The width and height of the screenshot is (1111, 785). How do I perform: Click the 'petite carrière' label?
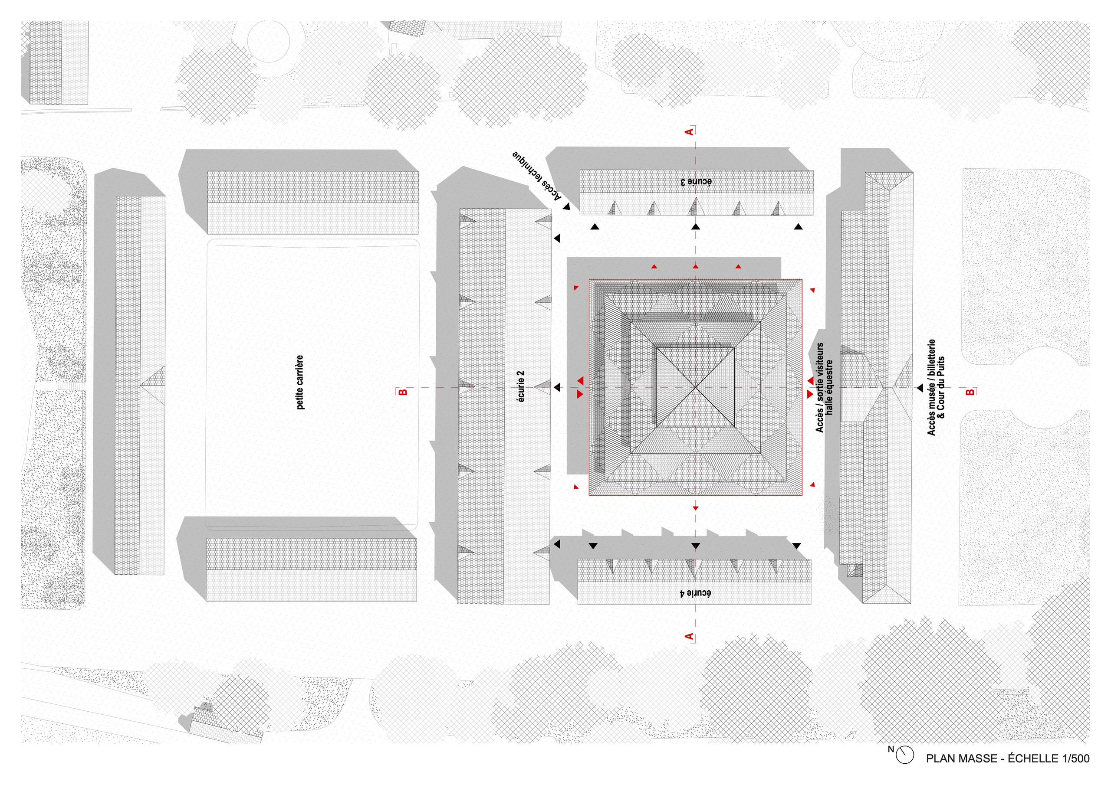click(300, 383)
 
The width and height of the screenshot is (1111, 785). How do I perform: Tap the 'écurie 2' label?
click(521, 387)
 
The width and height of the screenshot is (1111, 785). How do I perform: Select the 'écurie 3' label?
click(696, 182)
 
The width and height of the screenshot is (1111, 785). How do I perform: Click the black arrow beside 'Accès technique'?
click(566, 206)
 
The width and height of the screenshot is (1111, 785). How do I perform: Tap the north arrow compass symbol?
click(904, 755)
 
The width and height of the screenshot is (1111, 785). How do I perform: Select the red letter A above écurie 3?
click(690, 131)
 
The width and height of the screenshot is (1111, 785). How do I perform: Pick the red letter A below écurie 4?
click(690, 637)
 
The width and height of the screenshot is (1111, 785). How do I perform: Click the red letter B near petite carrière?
click(403, 392)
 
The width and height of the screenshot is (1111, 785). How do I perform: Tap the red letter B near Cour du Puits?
click(970, 392)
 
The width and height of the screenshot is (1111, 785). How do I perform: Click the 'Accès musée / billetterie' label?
click(931, 387)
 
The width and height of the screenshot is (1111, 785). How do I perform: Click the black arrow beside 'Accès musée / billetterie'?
click(919, 388)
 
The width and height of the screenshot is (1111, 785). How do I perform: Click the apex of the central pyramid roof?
click(696, 387)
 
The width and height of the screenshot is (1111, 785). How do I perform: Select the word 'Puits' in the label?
click(941, 368)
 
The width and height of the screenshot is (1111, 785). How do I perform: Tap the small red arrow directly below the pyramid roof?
click(696, 508)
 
